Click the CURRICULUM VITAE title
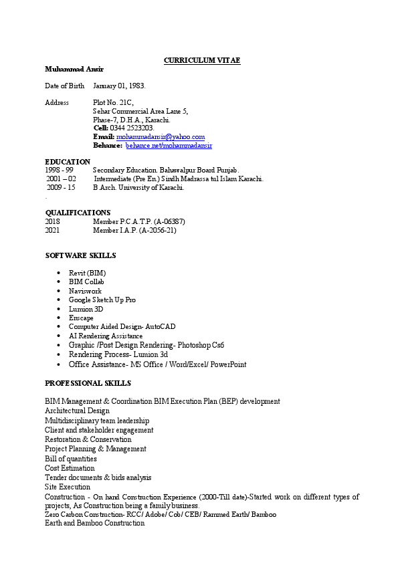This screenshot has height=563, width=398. click(202, 61)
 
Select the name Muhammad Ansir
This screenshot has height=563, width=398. click(74, 70)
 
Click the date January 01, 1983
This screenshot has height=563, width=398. click(119, 86)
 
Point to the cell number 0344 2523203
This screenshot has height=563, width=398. click(132, 128)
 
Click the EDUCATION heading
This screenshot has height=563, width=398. click(68, 162)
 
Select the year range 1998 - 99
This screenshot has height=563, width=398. click(59, 171)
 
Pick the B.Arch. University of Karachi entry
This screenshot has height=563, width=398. click(138, 188)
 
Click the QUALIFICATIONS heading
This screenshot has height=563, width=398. click(78, 213)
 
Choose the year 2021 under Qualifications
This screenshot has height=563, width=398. click(52, 230)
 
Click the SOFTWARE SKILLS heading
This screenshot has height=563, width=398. click(80, 256)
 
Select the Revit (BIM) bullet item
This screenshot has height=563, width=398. click(87, 273)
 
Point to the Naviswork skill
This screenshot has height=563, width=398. click(85, 292)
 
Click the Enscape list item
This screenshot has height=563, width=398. click(81, 318)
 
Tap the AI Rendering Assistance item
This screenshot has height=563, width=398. click(106, 336)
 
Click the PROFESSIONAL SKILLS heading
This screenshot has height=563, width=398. click(88, 384)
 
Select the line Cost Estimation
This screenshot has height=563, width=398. click(70, 469)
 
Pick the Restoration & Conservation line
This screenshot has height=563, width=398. click(88, 440)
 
